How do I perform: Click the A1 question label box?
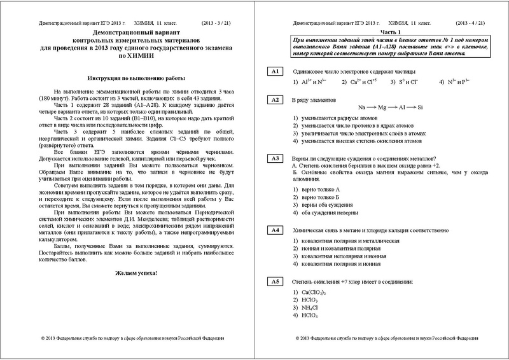pyautogui.click(x=275, y=71)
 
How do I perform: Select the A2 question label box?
pyautogui.click(x=275, y=100)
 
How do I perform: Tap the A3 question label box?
pyautogui.click(x=275, y=158)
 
